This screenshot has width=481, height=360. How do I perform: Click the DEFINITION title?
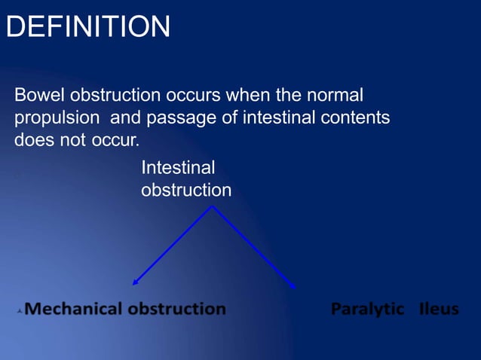tap(87, 28)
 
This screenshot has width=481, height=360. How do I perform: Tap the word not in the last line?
tap(72, 141)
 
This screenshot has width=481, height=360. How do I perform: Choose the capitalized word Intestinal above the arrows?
tap(178, 167)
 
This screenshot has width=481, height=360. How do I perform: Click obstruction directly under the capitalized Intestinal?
tap(186, 191)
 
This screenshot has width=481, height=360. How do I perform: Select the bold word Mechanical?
tap(74, 309)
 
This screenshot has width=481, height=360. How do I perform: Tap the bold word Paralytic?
tap(367, 309)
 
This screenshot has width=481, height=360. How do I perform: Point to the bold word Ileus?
tap(439, 309)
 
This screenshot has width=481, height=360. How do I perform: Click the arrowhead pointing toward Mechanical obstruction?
tap(135, 283)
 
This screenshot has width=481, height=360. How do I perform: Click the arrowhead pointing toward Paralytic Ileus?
tap(293, 285)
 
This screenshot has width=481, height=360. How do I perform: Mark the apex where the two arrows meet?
tap(213, 206)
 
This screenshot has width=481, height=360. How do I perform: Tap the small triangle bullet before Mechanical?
tap(19, 310)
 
